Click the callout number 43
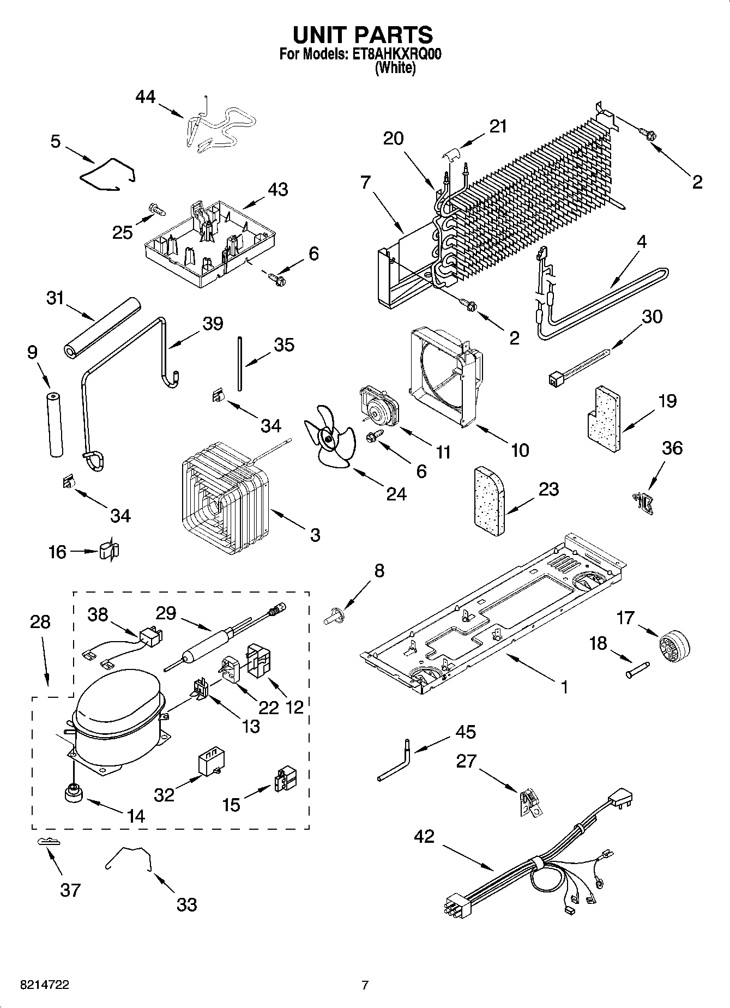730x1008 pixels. pos(277,190)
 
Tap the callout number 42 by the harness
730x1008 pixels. pos(424,836)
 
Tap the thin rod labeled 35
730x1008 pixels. pos(239,363)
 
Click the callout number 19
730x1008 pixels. pos(667,401)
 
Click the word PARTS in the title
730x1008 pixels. pos(393,34)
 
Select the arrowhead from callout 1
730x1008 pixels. pos(508,655)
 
